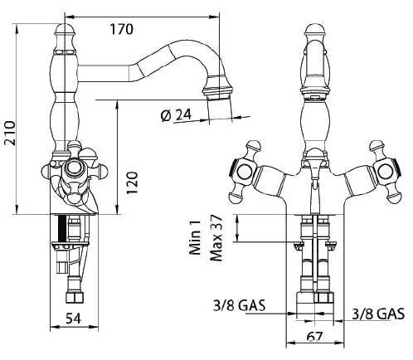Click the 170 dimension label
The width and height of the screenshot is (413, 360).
(122, 29)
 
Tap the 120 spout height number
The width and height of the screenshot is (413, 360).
(132, 183)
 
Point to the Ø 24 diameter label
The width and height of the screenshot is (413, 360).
(176, 115)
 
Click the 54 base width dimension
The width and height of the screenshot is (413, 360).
(74, 319)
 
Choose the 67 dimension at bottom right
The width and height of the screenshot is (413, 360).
(314, 337)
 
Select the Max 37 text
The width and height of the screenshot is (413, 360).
(216, 238)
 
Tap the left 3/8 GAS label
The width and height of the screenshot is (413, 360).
(239, 305)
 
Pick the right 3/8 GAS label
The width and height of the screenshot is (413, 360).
(378, 314)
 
